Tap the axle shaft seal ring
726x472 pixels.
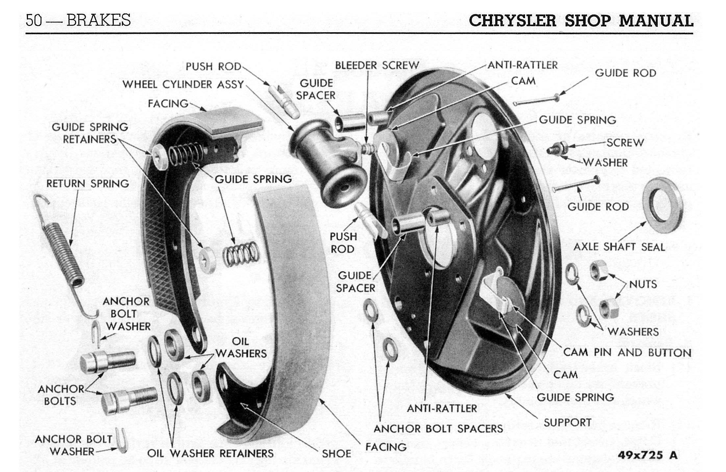pos(662,200)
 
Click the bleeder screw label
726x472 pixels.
pos(377,65)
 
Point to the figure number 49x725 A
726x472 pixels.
pos(647,455)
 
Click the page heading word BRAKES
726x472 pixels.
pos(98,20)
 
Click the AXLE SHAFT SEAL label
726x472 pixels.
pos(619,247)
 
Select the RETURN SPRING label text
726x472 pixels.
pos(88,184)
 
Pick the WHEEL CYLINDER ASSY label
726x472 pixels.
pos(183,85)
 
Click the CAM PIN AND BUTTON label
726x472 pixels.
pos(627,352)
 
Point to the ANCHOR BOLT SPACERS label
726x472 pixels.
pos(438,429)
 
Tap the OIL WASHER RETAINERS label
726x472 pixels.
pos(210,454)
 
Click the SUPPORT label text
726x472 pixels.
pos(567,422)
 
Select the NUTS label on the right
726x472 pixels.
pos(643,284)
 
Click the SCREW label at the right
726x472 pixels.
pos(625,142)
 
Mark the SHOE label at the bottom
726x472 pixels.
pos(336,454)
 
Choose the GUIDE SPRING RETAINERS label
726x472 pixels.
pos(90,133)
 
